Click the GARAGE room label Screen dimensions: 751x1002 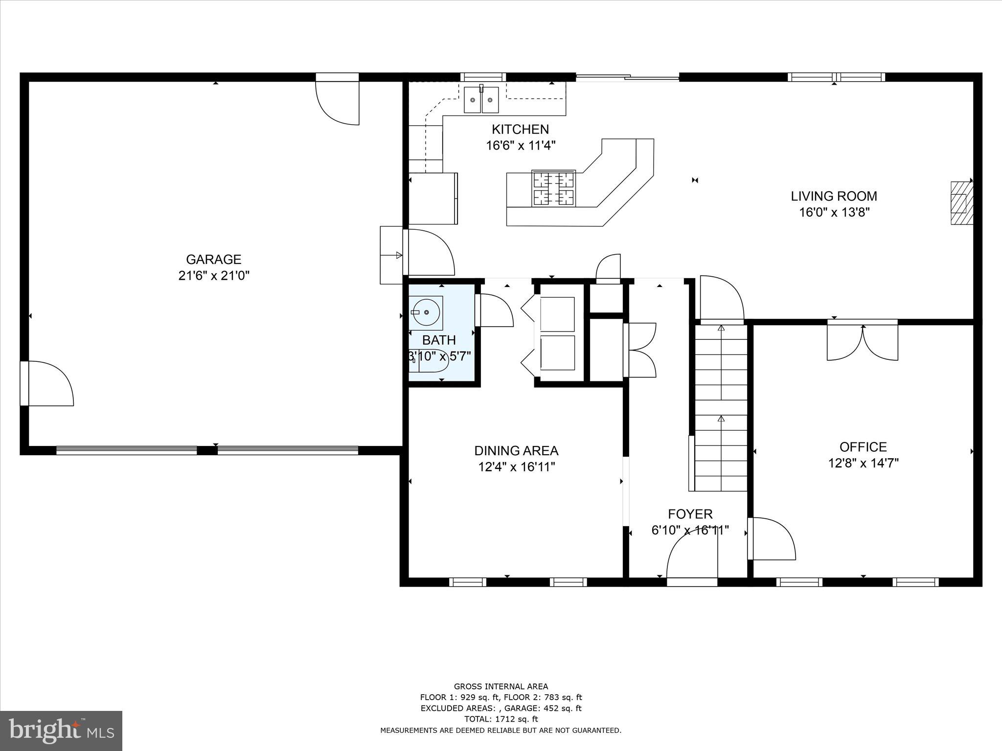[213, 259]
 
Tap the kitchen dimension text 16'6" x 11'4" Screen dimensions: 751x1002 [521, 145]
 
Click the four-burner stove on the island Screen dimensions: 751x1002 [553, 188]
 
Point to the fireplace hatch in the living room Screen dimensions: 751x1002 [961, 202]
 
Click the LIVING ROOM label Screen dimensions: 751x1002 [834, 196]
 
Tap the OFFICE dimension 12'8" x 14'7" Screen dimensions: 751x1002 [863, 463]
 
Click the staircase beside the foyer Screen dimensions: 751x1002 [721, 408]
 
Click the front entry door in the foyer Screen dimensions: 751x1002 [692, 557]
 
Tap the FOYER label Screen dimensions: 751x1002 [690, 514]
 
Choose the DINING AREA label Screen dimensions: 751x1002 [516, 450]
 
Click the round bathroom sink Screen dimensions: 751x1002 [427, 311]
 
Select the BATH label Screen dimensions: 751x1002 [439, 340]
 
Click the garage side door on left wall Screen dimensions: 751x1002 [46, 383]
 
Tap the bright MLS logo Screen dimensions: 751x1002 [61, 730]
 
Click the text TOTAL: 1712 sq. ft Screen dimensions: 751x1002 [501, 719]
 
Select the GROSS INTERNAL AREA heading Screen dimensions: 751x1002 [501, 686]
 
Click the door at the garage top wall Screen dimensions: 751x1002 [338, 100]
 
